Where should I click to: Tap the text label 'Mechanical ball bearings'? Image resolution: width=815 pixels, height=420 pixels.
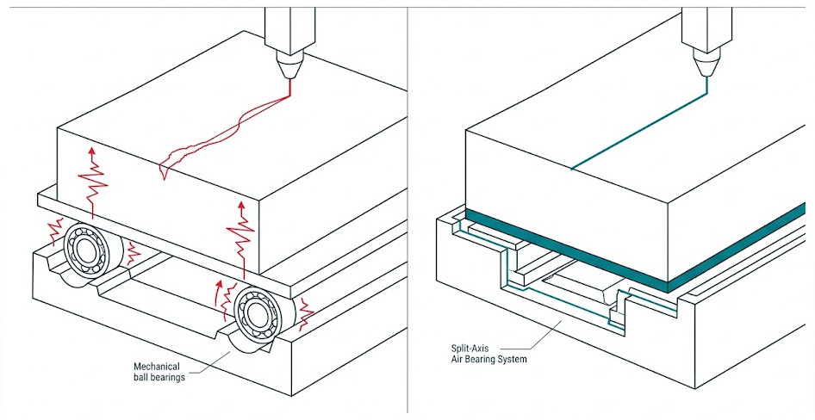point(159,371)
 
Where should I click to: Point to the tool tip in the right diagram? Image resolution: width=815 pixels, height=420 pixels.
point(706,67)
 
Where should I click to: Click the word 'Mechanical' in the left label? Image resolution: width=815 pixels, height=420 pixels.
point(156,365)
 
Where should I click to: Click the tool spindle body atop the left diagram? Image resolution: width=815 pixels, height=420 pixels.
point(286,26)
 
